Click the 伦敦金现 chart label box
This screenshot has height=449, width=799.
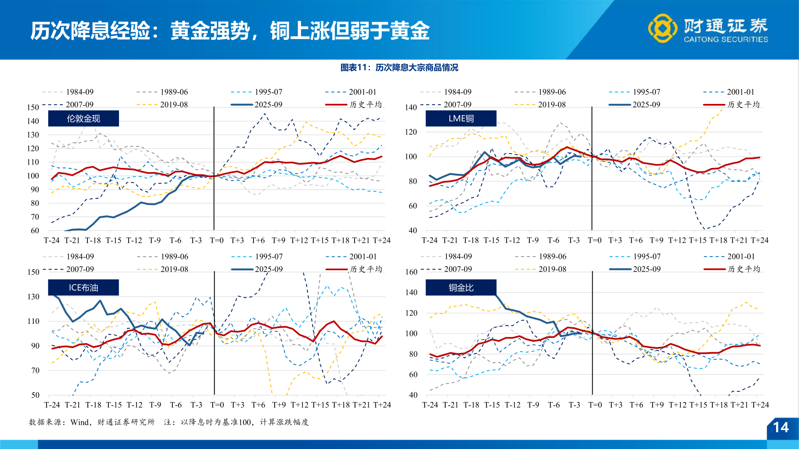(x=83, y=118)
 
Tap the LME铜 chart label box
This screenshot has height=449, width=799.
(x=461, y=118)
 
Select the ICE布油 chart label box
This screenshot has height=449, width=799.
(x=83, y=288)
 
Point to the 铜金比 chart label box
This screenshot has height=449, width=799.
(x=461, y=288)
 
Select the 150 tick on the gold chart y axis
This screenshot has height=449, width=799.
(x=33, y=107)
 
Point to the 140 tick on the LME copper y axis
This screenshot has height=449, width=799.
(x=411, y=107)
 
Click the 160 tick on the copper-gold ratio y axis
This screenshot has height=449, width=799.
(x=411, y=272)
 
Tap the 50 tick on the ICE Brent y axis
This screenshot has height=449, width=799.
(x=35, y=395)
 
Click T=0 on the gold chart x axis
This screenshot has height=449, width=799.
(x=216, y=240)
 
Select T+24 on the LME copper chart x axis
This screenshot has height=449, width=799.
(x=759, y=240)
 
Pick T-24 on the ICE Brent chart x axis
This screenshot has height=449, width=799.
(x=52, y=405)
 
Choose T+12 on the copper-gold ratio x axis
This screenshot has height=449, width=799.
(x=677, y=405)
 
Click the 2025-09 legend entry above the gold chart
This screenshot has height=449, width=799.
(x=268, y=104)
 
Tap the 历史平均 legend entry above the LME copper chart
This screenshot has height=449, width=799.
(x=743, y=104)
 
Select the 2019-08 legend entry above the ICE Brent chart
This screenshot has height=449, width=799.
(x=174, y=269)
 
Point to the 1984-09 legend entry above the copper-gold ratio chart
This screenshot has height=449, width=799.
(x=458, y=257)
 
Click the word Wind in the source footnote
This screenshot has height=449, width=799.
(x=79, y=422)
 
